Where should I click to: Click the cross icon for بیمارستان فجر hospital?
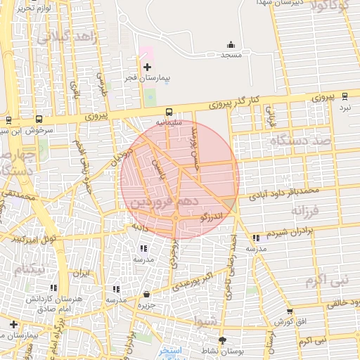[x=147, y=67]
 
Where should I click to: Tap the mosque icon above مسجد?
[x=231, y=44]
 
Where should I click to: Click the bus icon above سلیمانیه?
[x=169, y=111]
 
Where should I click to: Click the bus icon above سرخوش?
[x=38, y=119]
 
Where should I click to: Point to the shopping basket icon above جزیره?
[x=146, y=294]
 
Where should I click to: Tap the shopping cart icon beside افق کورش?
[x=289, y=311]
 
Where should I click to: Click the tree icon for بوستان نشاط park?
[x=223, y=340]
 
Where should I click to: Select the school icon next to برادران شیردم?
[x=255, y=238]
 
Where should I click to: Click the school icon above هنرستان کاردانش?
[x=53, y=288]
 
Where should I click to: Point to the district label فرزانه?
[x=306, y=210]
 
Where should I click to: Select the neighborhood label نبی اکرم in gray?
[x=326, y=281]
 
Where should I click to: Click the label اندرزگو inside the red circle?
[x=212, y=218]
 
